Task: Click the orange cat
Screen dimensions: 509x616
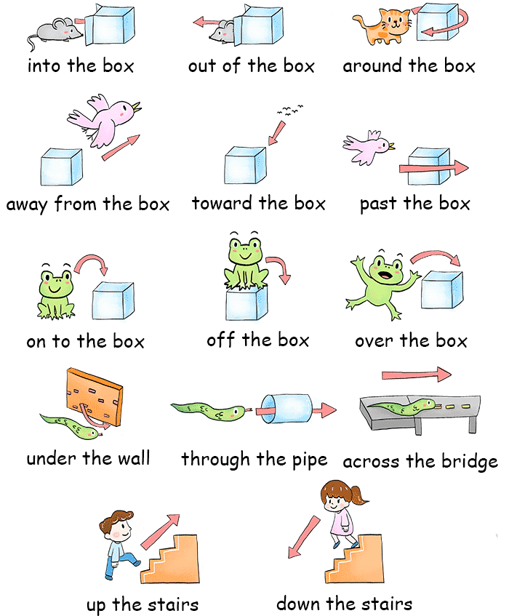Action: [382, 26]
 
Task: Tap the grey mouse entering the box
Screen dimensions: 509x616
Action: [55, 31]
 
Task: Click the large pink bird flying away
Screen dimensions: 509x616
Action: [104, 120]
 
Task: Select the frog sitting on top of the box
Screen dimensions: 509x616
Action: [246, 261]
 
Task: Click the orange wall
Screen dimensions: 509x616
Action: [95, 397]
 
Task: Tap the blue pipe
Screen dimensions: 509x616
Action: [286, 409]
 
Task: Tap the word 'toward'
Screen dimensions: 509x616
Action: [223, 203]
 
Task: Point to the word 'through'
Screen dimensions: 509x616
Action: [215, 459]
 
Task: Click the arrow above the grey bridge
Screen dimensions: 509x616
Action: [417, 375]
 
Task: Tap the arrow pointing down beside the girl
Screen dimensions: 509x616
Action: [303, 537]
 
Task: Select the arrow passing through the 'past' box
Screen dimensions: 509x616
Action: [433, 168]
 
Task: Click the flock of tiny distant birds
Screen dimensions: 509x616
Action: [290, 110]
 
